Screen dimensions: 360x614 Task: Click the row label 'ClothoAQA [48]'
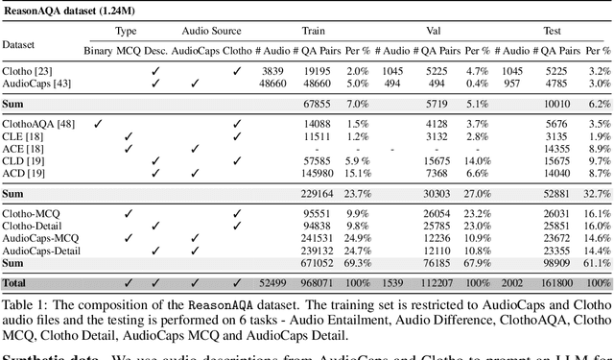(x=38, y=123)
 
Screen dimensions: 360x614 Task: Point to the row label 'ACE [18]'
(x=23, y=149)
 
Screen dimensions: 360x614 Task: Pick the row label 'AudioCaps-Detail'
(x=41, y=251)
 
